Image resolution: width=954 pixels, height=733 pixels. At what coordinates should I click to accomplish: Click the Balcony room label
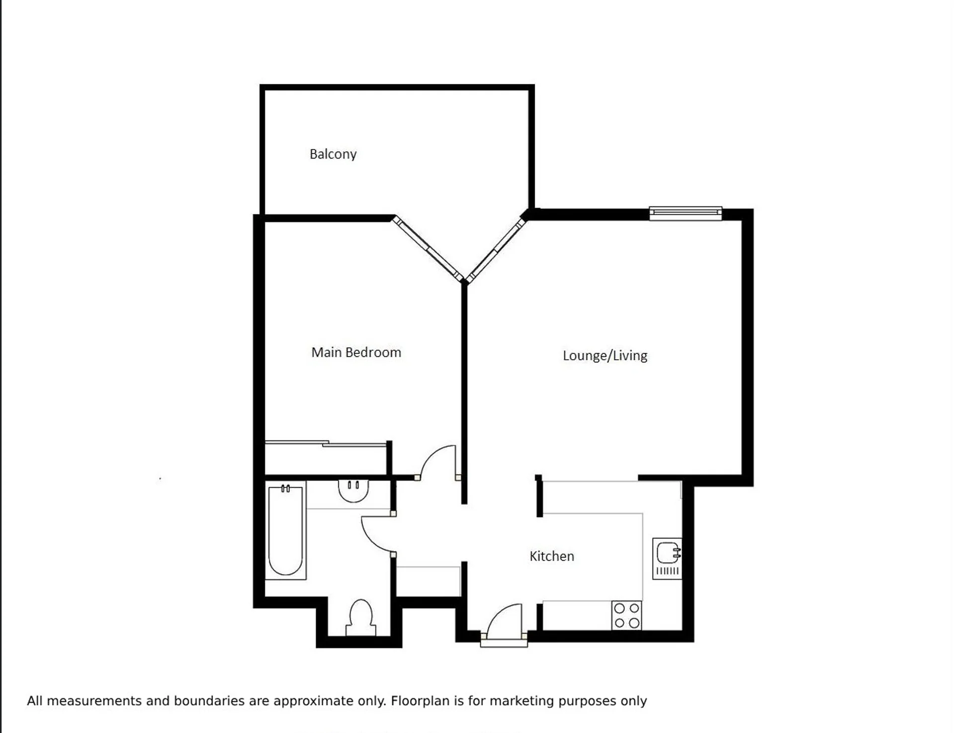pos(333,154)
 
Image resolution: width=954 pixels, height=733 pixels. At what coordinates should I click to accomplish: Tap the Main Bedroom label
pos(356,352)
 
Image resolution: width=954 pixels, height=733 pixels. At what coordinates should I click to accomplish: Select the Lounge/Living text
pos(605,356)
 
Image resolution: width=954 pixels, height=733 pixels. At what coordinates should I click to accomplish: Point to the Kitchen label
pos(552,556)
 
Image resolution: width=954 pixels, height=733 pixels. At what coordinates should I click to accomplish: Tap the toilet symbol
pos(361,618)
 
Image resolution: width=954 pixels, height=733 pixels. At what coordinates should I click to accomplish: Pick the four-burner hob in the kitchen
pos(627,615)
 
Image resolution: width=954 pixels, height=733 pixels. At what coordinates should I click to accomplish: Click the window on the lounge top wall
pos(686,213)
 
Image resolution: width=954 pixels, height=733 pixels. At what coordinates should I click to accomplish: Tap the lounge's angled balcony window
pos(496,250)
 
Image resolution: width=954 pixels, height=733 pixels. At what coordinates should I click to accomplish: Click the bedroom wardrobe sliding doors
pos(326,443)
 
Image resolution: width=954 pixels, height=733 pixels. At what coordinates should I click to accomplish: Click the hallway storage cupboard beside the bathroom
pos(428,581)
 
